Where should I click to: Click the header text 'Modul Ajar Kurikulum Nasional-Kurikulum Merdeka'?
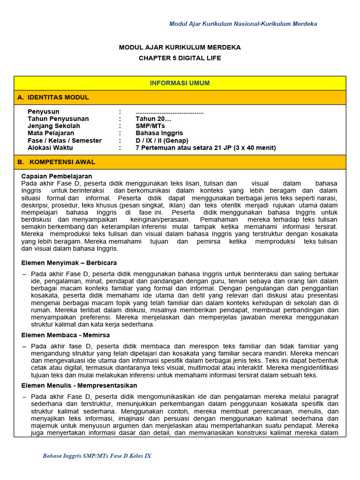click(243, 24)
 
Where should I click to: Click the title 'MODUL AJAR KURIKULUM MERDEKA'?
click(180, 48)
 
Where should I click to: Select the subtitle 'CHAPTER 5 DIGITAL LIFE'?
click(180, 58)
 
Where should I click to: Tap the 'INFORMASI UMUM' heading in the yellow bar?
click(180, 83)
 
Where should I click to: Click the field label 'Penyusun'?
click(44, 112)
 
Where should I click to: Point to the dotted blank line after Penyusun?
click(170, 112)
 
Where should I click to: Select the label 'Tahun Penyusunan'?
click(58, 119)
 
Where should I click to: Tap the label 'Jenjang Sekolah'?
click(54, 126)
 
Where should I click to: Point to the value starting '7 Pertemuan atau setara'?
click(206, 148)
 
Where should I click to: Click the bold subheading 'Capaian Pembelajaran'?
click(57, 176)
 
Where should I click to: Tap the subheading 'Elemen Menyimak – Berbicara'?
click(69, 262)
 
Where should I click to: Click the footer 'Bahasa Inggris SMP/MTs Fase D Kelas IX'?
click(97, 456)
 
